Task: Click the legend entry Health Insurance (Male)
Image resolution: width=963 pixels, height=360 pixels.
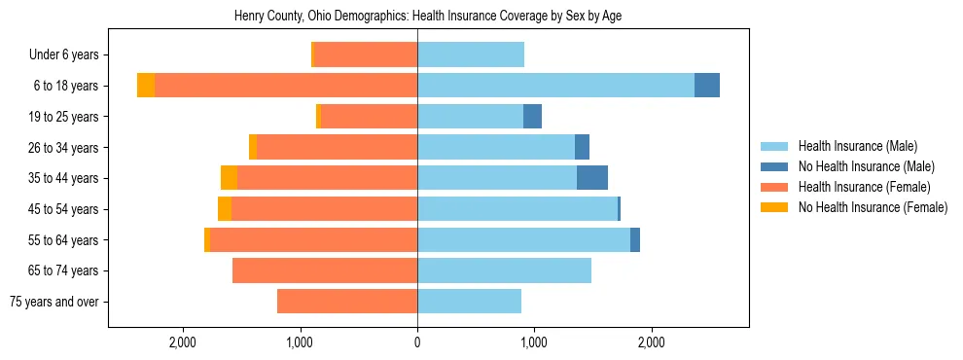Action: coord(857,146)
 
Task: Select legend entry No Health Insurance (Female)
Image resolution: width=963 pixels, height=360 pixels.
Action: coord(873,207)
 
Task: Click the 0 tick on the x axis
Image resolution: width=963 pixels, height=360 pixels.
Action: coord(417,342)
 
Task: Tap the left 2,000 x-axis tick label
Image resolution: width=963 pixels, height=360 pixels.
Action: coord(183,342)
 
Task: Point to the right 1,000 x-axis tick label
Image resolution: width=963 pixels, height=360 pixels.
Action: coord(534,342)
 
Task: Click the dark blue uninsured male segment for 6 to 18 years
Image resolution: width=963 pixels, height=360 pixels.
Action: coord(707,86)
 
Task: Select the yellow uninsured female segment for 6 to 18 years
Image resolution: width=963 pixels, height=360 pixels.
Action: coord(146,86)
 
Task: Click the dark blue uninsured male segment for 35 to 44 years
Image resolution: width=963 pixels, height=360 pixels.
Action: coord(592,178)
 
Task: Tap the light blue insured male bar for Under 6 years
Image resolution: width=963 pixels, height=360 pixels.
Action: coord(471,55)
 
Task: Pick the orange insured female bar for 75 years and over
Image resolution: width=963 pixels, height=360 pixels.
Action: coord(347,302)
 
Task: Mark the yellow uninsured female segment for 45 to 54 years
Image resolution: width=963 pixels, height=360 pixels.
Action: coord(225,209)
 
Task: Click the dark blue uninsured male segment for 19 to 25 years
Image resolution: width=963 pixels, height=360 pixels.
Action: coord(532,117)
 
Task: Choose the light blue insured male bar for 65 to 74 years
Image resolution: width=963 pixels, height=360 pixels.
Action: coord(504,270)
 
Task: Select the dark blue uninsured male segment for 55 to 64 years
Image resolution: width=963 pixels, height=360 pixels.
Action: coord(635,239)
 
